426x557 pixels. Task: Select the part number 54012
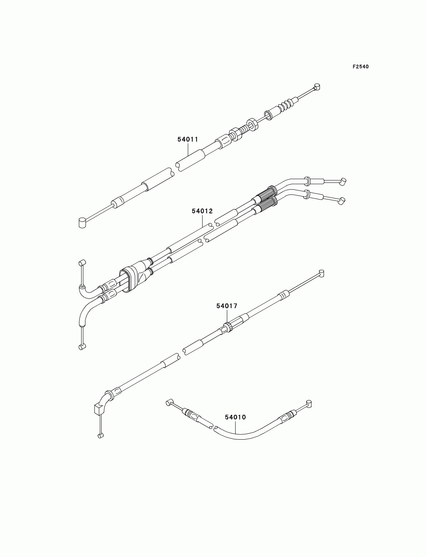coord(202,211)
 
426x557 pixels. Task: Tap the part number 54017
coord(227,306)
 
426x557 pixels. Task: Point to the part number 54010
coord(235,417)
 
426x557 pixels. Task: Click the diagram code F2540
coord(361,67)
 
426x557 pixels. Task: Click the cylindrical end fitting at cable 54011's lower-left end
coord(82,222)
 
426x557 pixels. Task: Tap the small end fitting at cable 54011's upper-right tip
coord(317,87)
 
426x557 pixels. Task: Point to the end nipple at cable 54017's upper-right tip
coord(321,273)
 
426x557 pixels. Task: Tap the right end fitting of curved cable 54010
coord(308,403)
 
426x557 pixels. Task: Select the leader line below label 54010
coord(236,427)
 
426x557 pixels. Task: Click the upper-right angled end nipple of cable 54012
coord(343,181)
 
